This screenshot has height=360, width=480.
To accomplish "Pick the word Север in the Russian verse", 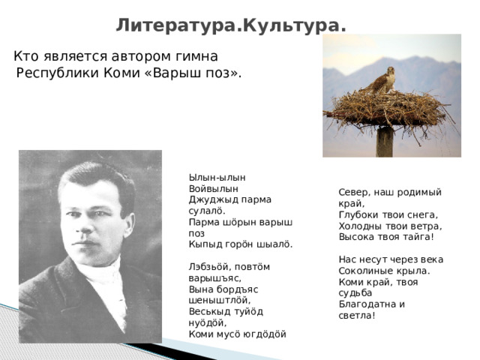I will click(x=353, y=192).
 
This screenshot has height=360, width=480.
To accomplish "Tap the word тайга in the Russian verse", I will click(x=412, y=237).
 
